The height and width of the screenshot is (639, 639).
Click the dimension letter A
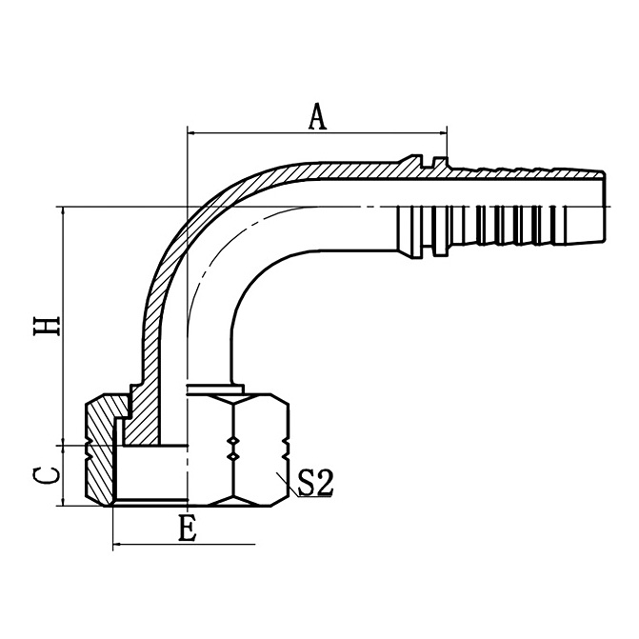(318, 116)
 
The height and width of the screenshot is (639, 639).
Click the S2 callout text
(315, 484)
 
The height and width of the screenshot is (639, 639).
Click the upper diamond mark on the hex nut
(232, 441)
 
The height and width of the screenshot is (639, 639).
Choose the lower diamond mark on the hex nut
(232, 459)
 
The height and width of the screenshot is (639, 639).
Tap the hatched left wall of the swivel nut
(99, 452)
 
